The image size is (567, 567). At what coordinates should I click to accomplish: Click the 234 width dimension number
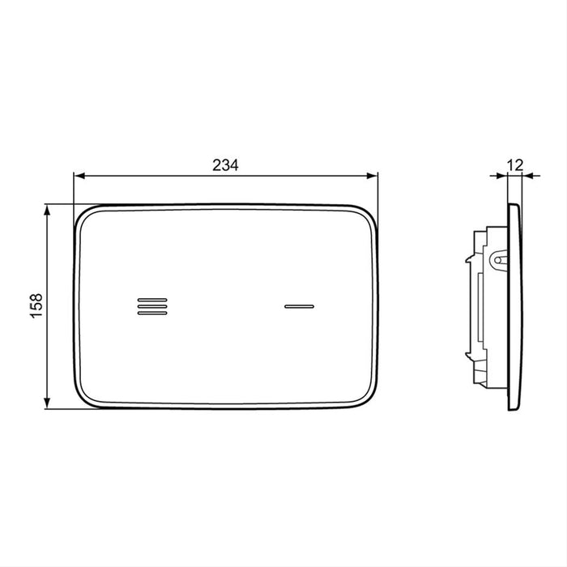click(225, 165)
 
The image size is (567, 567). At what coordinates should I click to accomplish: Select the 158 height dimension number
click(36, 306)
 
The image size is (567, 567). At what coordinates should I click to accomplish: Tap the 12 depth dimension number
click(515, 165)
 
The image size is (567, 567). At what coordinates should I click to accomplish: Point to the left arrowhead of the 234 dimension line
click(79, 176)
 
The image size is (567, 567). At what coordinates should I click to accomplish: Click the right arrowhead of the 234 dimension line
click(372, 176)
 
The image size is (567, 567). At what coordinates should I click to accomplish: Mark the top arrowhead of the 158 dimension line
click(47, 210)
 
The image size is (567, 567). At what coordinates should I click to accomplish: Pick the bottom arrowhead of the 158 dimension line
click(47, 403)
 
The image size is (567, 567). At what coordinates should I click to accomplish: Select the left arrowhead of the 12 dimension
click(502, 176)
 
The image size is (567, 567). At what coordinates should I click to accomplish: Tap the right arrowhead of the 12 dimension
click(528, 176)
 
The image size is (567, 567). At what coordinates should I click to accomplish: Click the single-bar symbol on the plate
click(299, 307)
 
